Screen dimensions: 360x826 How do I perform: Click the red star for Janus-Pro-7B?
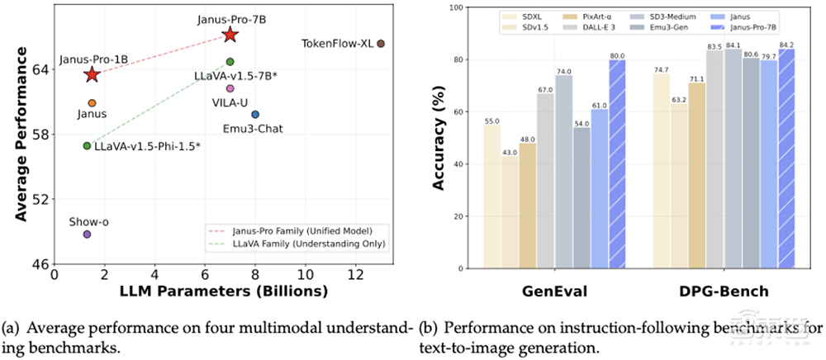click(230, 35)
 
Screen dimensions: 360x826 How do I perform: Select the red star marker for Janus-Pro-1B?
click(92, 75)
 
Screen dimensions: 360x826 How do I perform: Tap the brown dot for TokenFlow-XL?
click(381, 43)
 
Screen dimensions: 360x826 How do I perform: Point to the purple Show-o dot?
click(87, 234)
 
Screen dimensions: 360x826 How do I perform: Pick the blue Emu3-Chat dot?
click(255, 114)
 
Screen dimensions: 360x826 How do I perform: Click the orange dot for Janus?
click(92, 103)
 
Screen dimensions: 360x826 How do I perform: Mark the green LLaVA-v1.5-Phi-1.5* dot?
click(87, 145)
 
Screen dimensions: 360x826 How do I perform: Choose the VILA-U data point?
click(230, 88)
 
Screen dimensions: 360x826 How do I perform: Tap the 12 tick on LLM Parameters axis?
click(356, 274)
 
